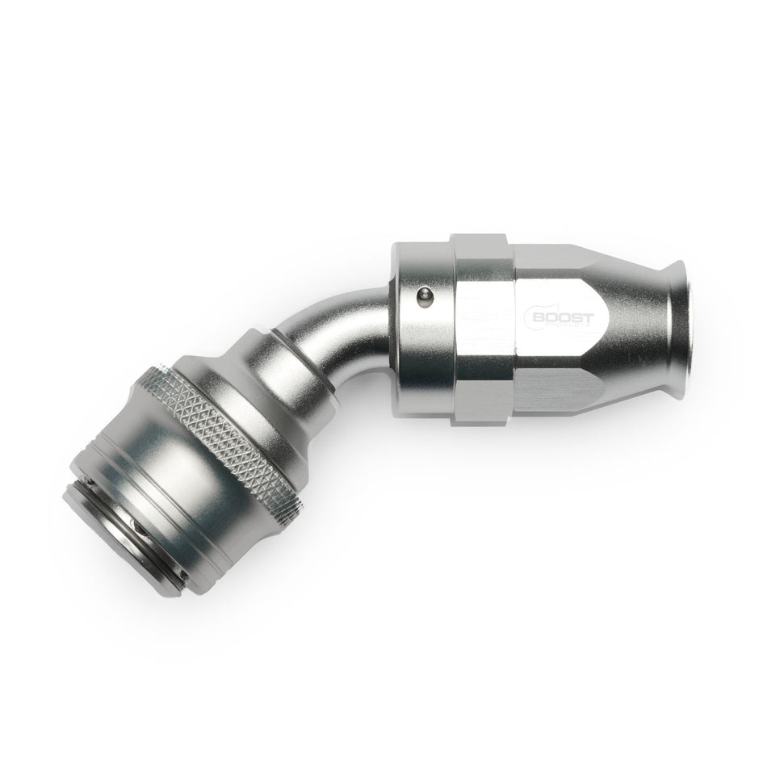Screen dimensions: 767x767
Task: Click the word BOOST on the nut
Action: [562, 316]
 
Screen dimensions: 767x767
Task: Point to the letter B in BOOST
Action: [538, 316]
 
